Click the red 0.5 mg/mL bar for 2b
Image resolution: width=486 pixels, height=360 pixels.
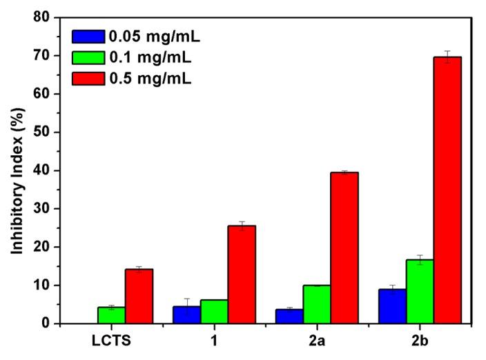pos(447,190)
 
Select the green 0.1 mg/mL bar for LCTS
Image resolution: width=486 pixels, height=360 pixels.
pos(111,315)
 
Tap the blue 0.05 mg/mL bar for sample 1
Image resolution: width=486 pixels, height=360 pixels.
pos(186,314)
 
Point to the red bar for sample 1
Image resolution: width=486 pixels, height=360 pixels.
pos(242,274)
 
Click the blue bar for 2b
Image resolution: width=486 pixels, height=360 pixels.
pos(392,306)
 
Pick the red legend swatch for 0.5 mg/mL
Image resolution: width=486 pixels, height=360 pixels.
pos(88,77)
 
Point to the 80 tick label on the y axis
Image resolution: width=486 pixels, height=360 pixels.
pos(46,17)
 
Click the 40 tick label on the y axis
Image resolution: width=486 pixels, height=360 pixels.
pos(46,170)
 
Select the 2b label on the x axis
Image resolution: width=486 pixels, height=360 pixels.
pos(420,341)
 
